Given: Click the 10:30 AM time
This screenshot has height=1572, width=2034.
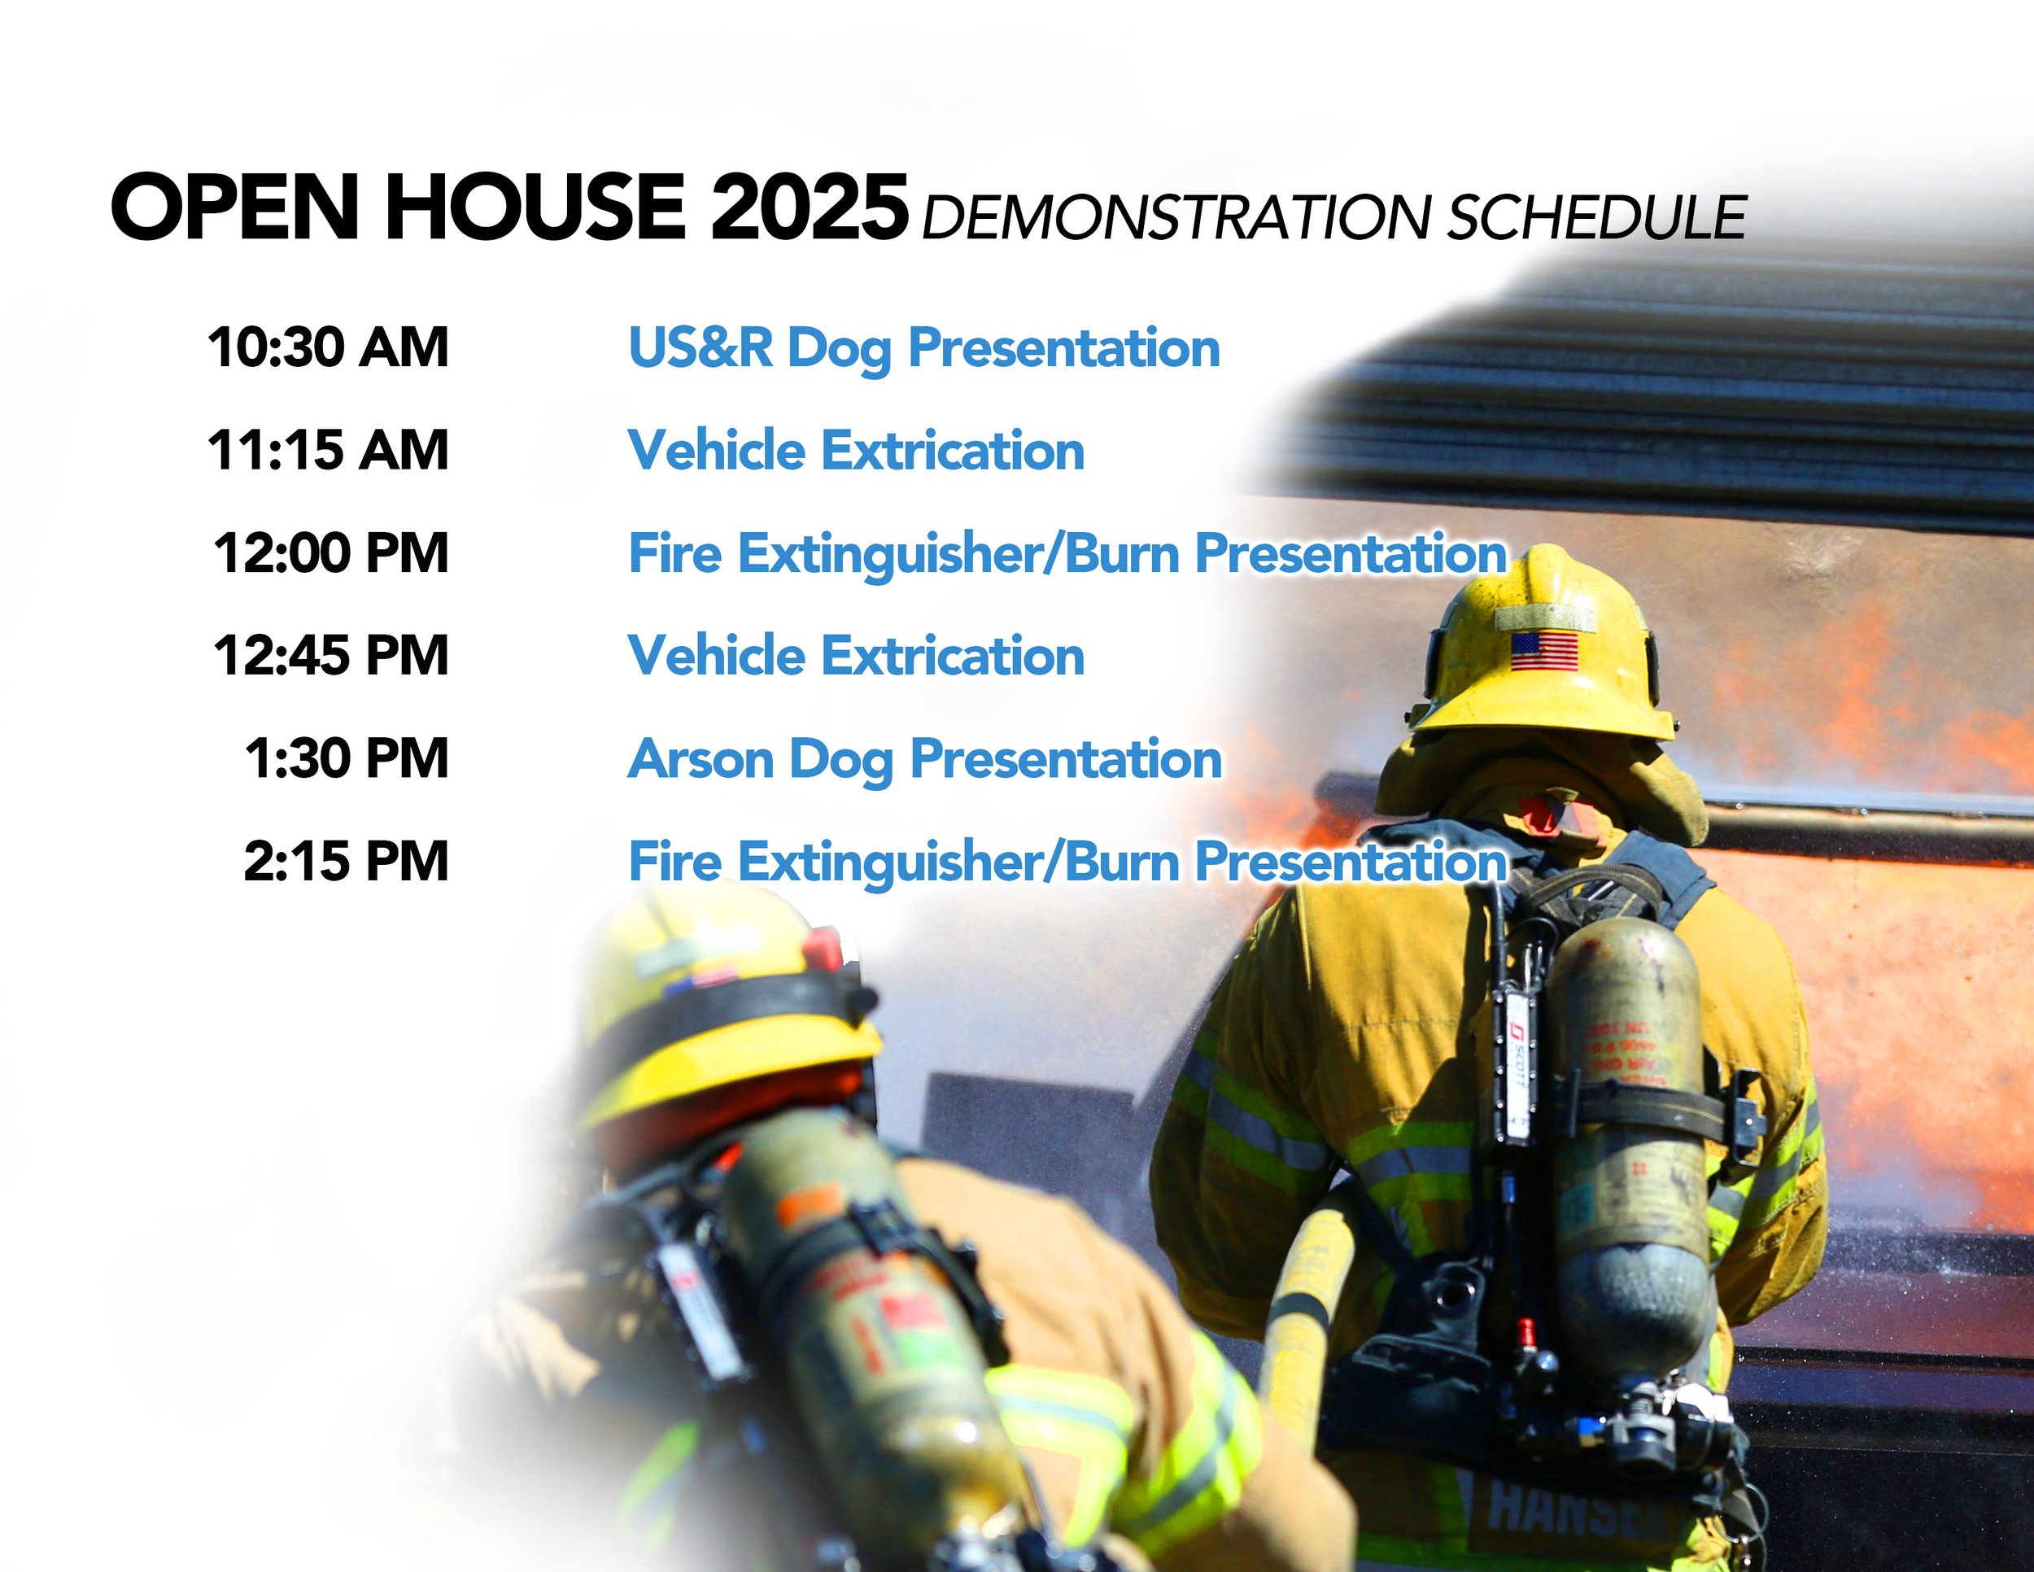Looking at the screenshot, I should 328,348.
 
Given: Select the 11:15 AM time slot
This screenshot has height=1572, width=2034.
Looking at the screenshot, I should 328,451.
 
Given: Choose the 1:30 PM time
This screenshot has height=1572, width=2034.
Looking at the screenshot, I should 347,758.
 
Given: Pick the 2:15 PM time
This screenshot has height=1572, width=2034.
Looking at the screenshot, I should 347,861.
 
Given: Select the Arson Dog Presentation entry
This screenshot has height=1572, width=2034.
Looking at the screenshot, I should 924,760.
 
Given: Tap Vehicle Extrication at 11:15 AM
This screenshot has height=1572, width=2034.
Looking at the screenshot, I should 856,451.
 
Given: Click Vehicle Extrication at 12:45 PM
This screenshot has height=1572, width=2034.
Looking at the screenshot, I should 856,656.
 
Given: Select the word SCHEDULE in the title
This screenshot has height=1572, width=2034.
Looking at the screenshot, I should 1596,218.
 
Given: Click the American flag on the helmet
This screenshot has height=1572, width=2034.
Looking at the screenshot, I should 1544,650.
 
